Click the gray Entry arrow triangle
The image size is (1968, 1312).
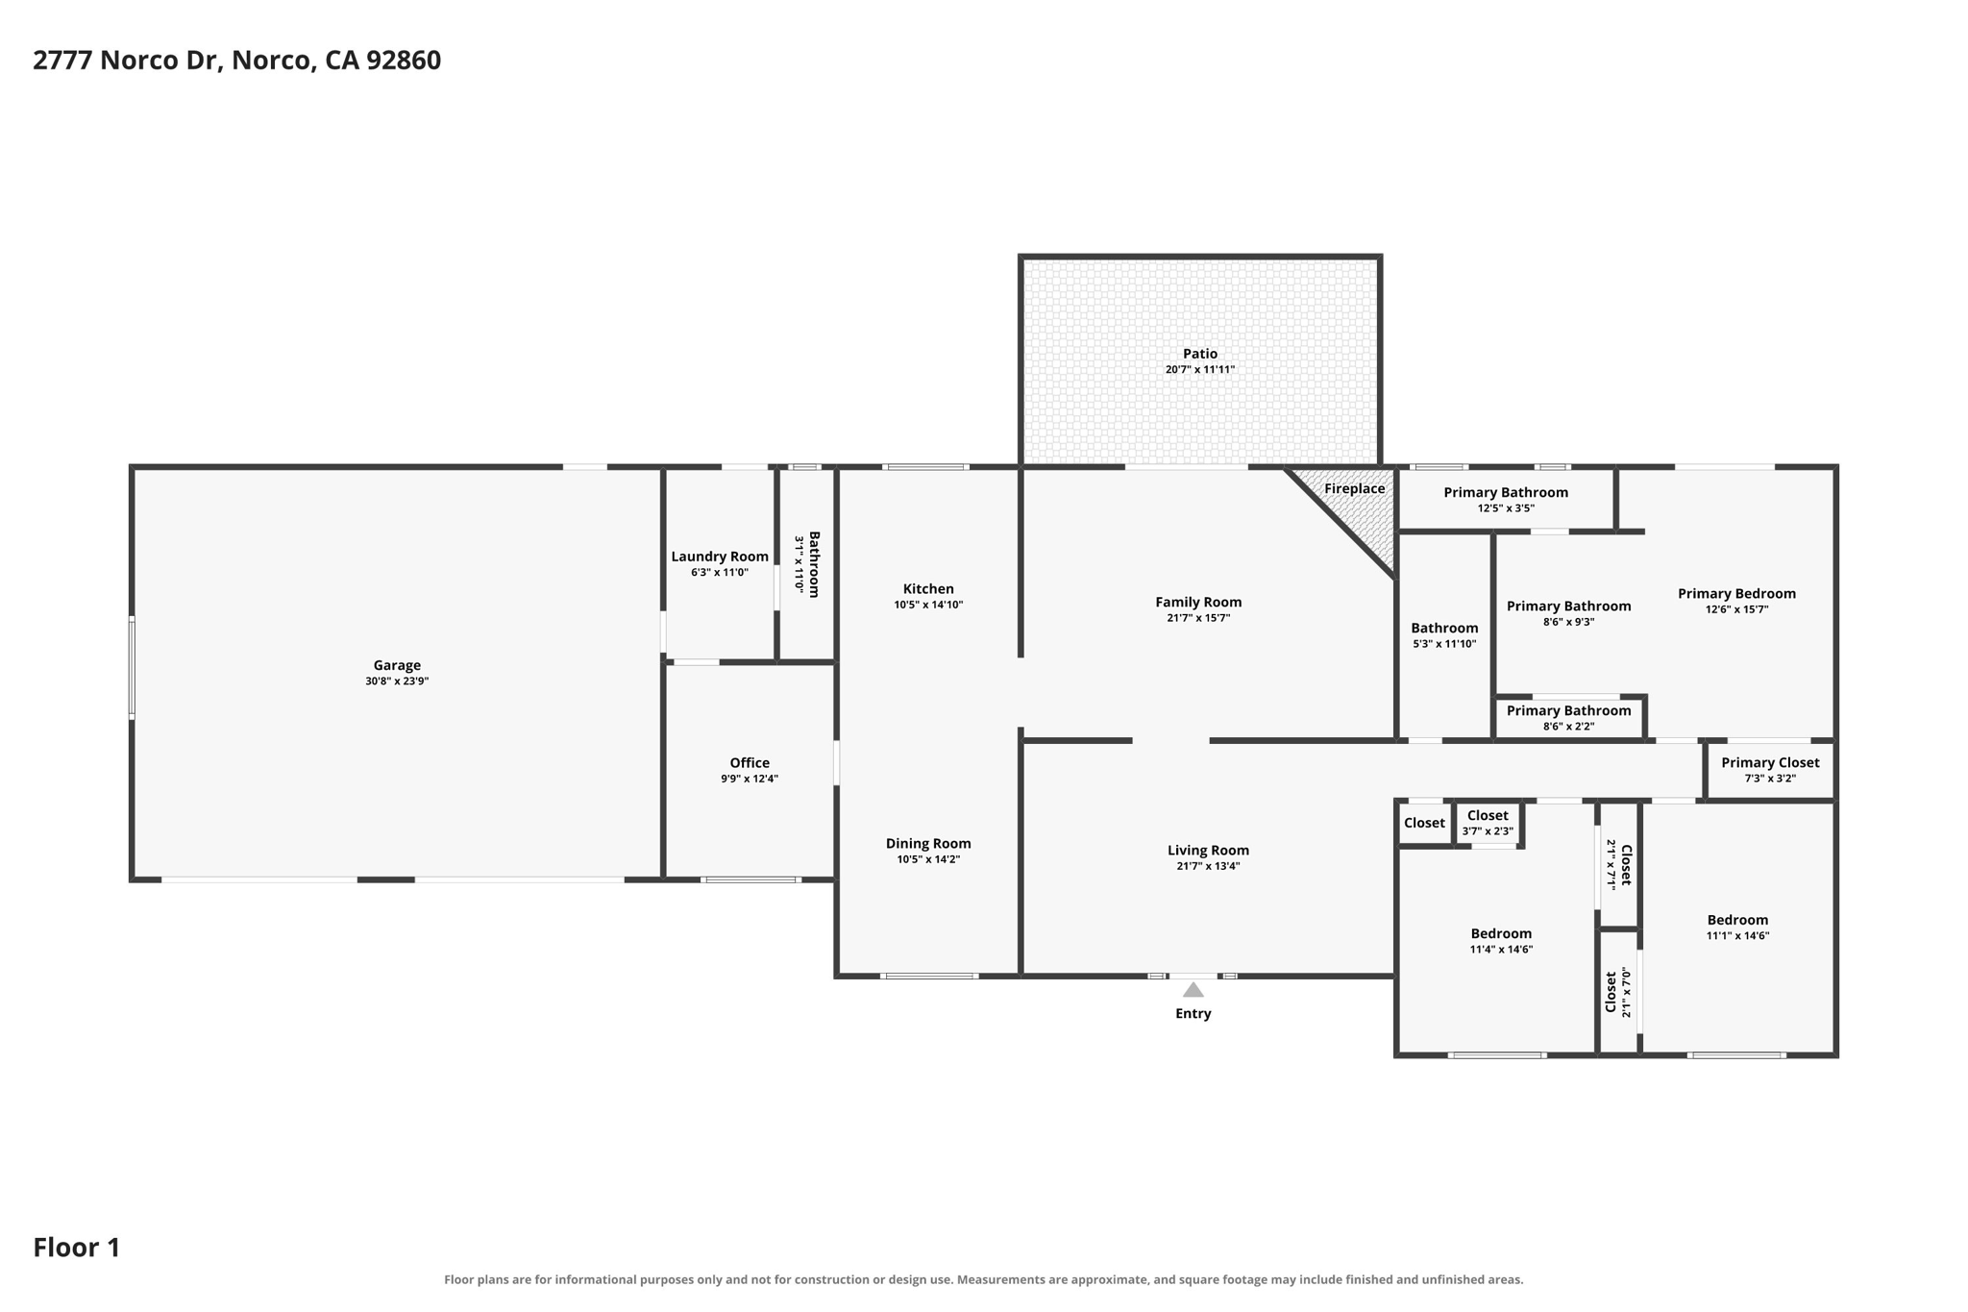1193,990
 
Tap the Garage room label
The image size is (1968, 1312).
397,665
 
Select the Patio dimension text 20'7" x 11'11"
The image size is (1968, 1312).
1200,369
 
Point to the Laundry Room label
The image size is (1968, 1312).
720,557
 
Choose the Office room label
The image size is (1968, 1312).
750,763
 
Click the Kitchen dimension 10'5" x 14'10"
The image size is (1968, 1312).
928,605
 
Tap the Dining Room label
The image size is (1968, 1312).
928,844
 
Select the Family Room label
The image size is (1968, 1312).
1198,603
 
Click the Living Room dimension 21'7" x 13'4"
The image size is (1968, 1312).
1208,866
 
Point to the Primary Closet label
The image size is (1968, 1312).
1770,763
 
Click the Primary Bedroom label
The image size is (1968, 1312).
1736,594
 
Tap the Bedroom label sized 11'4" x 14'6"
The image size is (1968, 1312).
1501,933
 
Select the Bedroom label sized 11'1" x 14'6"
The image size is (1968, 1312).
1737,920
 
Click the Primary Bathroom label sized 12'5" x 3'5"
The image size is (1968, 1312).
1506,492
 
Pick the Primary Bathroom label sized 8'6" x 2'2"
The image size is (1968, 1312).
1568,711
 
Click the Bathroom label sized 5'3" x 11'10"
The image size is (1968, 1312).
1444,629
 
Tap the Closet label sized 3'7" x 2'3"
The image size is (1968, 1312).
1488,816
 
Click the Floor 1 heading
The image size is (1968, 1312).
77,1248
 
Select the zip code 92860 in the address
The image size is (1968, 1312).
404,61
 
